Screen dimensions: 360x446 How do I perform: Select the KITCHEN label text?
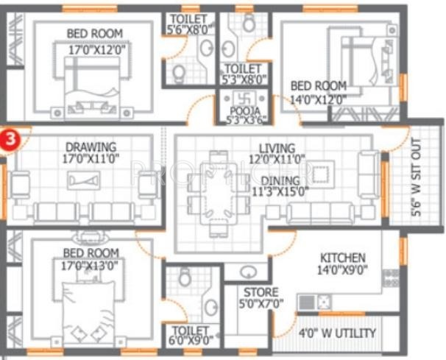(342, 258)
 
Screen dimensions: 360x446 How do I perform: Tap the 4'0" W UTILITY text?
(338, 333)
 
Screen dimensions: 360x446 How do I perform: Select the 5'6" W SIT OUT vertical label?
(417, 177)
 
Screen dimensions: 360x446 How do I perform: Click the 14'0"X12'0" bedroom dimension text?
(318, 97)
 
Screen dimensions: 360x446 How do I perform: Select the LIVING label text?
(276, 148)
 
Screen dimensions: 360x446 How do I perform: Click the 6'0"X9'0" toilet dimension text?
(191, 341)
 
